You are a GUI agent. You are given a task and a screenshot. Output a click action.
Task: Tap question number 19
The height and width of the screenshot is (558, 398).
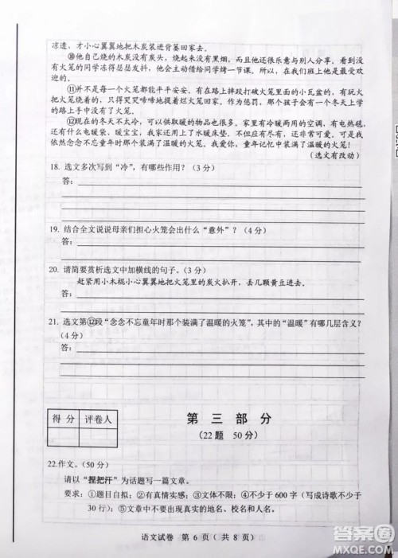(54, 230)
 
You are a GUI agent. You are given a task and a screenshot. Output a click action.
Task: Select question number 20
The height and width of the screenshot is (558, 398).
(54, 271)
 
